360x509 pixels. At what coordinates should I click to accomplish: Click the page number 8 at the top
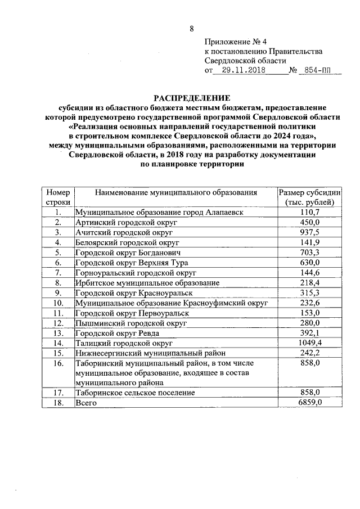point(191,29)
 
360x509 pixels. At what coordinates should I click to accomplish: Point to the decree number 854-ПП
point(316,71)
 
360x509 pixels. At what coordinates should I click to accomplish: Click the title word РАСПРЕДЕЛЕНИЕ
point(193,97)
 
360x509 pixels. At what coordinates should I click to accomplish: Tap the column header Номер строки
point(58,197)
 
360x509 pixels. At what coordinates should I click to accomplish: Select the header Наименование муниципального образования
point(176,192)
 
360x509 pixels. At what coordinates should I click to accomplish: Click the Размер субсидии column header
point(310,197)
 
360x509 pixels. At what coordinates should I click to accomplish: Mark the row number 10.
point(58,303)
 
